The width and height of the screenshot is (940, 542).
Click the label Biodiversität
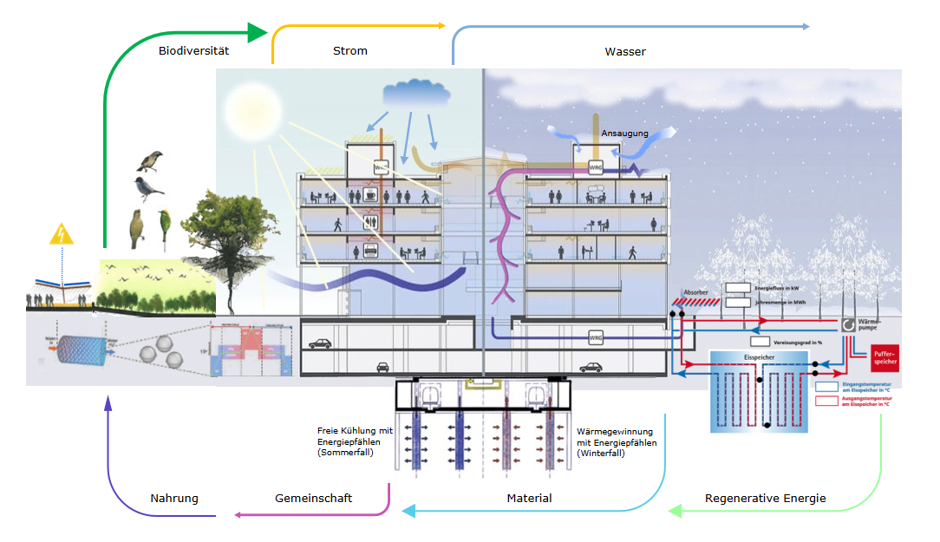193,51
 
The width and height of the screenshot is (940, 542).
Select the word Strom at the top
350,51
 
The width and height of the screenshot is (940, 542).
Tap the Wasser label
625,52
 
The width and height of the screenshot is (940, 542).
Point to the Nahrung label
174,499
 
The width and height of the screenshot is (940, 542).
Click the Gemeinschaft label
313,499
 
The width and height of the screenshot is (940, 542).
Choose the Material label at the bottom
529,499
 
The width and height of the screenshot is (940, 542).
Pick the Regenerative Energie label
766,499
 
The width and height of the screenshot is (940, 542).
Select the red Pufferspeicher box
884,357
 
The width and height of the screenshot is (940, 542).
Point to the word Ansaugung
624,134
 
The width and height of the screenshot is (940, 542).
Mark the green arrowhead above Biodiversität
258,33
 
